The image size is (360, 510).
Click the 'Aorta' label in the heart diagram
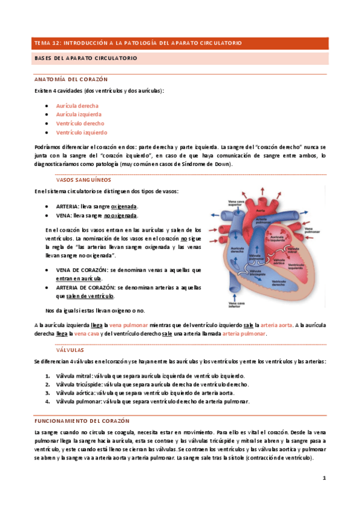[x=260, y=210]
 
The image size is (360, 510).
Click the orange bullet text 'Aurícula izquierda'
[x=79, y=114]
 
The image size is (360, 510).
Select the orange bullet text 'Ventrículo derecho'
[x=80, y=123]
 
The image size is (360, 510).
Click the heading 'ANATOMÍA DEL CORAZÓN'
[x=66, y=79]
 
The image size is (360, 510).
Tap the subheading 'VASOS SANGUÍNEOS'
[x=83, y=179]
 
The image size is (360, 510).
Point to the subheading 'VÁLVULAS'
[x=70, y=349]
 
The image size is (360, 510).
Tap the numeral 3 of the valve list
[x=48, y=393]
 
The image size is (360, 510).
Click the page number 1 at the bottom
[x=324, y=479]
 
